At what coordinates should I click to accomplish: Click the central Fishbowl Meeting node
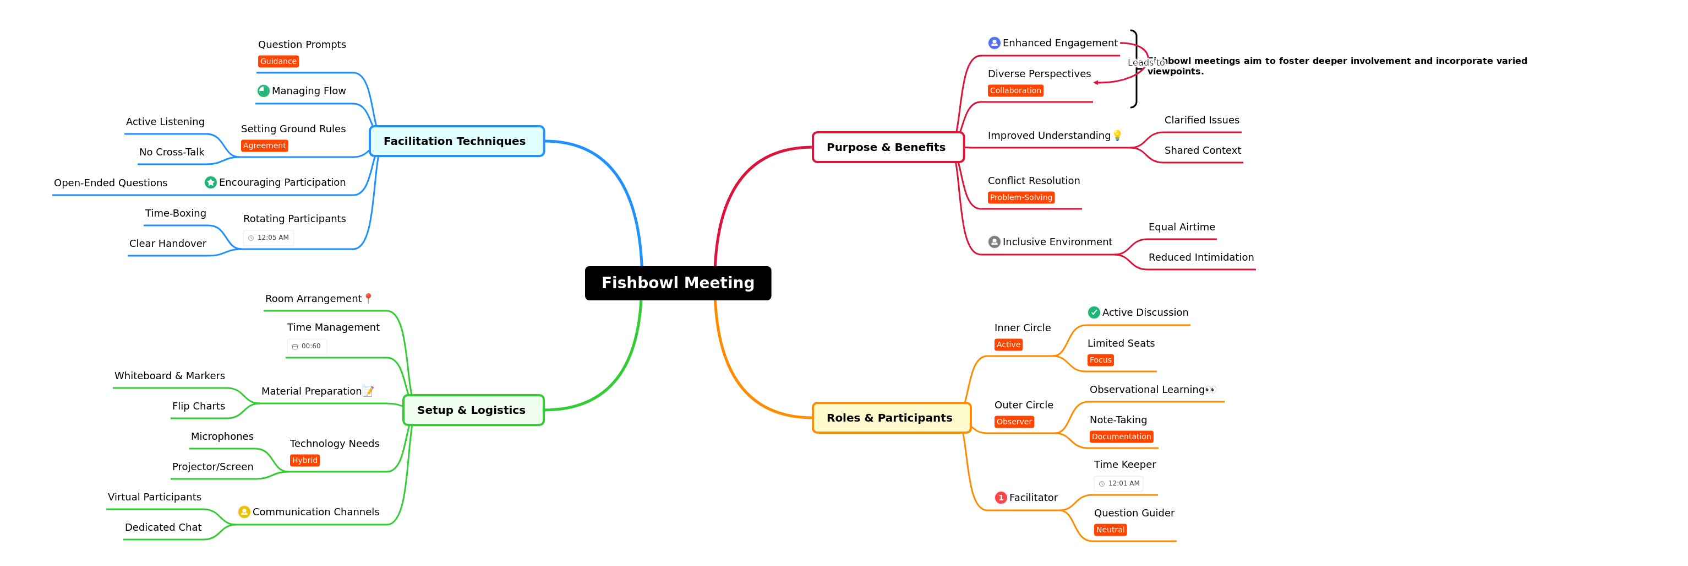678,283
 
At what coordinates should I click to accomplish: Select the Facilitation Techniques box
456,141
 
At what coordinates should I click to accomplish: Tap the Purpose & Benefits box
887,147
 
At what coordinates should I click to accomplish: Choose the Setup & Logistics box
472,410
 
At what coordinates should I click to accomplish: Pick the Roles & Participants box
890,418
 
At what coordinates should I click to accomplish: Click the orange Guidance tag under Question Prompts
278,62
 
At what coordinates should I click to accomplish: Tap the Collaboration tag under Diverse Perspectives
1015,90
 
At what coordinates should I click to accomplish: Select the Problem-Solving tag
1021,197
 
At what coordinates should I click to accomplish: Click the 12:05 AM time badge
269,238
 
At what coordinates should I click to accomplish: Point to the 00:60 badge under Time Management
307,346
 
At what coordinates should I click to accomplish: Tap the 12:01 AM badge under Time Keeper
1119,483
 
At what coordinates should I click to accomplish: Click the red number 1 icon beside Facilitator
1001,498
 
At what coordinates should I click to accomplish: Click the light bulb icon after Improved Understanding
1117,136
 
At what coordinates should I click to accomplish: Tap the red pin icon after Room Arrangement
368,298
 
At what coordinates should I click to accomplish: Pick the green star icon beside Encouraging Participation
210,182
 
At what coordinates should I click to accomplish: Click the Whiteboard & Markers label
170,376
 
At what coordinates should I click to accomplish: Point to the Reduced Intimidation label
1200,257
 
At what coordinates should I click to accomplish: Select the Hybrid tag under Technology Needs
305,460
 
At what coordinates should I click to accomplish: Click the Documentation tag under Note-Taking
1121,437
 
